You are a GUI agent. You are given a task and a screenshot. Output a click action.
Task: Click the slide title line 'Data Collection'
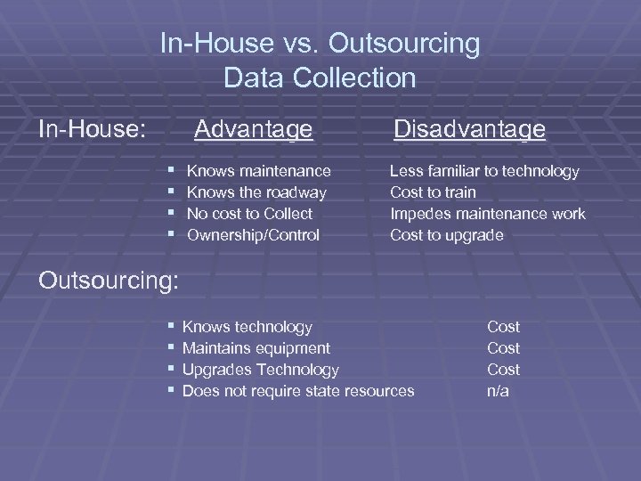click(x=320, y=78)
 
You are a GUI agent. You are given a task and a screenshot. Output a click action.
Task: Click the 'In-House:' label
click(x=93, y=130)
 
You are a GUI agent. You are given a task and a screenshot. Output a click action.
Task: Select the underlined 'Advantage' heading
click(x=254, y=130)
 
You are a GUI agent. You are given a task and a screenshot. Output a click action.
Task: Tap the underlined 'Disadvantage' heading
click(x=469, y=130)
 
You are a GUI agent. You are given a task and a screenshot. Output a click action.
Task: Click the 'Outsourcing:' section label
click(x=110, y=280)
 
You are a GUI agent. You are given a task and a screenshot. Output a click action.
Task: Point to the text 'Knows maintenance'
click(x=259, y=170)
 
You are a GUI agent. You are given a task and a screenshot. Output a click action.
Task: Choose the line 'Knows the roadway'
click(x=256, y=192)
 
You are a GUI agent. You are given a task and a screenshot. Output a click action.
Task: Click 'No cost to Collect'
click(x=249, y=214)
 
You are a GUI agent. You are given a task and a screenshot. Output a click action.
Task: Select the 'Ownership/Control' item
click(x=254, y=235)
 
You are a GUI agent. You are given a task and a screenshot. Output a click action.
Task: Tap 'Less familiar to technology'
click(x=484, y=170)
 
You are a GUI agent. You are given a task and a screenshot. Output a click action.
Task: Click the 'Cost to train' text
click(x=433, y=192)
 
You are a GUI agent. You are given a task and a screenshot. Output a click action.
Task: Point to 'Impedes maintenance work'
click(x=488, y=214)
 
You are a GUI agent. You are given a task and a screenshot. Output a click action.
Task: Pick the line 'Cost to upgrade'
click(x=446, y=235)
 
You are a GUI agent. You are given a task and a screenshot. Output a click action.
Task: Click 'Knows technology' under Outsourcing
click(x=247, y=327)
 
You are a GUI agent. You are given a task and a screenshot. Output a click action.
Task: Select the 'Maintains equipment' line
click(x=256, y=348)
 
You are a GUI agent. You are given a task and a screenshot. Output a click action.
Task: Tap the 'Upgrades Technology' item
click(x=260, y=370)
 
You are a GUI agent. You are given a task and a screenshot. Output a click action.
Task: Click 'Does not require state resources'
click(x=297, y=391)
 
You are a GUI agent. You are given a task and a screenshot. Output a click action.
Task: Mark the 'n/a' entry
click(x=499, y=391)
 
